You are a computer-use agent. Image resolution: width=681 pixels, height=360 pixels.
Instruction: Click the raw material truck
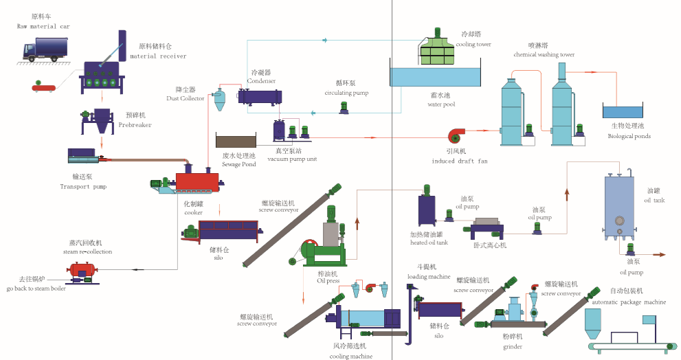click(x=46, y=49)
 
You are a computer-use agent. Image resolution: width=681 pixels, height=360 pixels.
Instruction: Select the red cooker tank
click(x=197, y=181)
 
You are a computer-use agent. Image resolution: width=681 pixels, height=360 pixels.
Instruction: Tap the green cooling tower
click(x=438, y=48)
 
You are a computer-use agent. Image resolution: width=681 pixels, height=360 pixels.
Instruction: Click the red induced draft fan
click(x=458, y=135)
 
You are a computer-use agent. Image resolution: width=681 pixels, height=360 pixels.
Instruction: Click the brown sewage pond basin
click(x=236, y=140)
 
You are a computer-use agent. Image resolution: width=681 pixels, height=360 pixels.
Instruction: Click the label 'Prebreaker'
click(x=135, y=125)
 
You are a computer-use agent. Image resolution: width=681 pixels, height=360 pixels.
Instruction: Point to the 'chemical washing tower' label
click(x=544, y=54)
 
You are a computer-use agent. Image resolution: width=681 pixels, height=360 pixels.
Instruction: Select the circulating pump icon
click(x=344, y=107)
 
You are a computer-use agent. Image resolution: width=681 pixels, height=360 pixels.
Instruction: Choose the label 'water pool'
click(x=441, y=105)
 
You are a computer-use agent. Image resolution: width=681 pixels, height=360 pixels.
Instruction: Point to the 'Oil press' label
click(x=328, y=280)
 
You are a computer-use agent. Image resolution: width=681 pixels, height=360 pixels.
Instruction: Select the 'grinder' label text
click(x=513, y=347)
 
